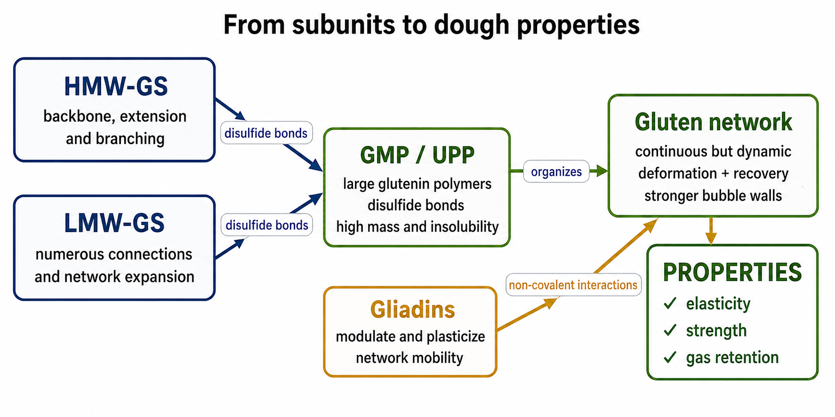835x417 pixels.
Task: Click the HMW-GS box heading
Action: pos(116,87)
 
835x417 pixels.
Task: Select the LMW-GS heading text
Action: pos(114,223)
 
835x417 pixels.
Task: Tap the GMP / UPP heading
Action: pos(417,155)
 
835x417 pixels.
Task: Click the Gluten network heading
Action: pos(713,122)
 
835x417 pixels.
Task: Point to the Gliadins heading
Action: pos(412,309)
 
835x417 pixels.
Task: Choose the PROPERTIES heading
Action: pos(732,272)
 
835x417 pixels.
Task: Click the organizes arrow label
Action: pos(556,172)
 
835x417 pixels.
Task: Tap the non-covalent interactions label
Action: pos(573,285)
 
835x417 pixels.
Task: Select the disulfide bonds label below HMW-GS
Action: pos(266,133)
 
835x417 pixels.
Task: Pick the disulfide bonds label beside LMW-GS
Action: pos(267,225)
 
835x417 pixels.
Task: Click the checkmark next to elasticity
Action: pos(670,303)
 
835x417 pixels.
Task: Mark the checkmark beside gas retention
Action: pos(670,357)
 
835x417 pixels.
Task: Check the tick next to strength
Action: pos(670,330)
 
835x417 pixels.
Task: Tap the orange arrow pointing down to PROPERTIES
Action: pos(711,231)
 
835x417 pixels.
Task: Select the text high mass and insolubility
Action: pos(417,227)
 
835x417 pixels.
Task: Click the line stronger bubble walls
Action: pos(713,196)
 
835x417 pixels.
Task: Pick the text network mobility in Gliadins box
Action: pos(409,358)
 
